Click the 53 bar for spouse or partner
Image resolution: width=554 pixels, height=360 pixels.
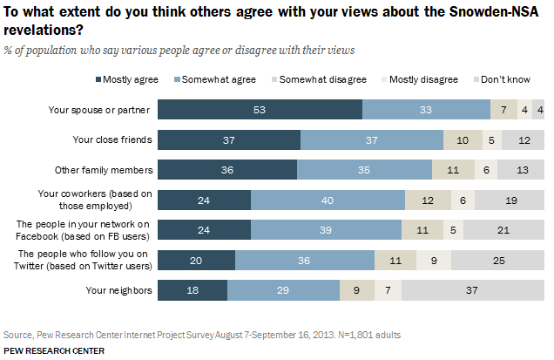260,109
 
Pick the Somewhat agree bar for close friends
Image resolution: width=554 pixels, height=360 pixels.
371,139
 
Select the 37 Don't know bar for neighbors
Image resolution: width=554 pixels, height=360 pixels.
473,289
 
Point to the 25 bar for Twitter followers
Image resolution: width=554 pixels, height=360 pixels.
498,259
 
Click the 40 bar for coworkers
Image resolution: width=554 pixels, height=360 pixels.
328,199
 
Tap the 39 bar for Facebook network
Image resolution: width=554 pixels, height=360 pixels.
326,229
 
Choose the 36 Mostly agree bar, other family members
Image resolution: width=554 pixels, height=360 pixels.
226,169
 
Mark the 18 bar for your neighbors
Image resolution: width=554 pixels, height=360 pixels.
192,289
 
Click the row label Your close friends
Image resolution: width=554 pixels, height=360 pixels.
112,139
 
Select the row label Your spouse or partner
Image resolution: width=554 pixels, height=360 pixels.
102,109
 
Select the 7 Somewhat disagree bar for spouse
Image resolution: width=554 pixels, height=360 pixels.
503,109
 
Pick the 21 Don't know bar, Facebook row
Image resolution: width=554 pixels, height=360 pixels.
504,229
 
